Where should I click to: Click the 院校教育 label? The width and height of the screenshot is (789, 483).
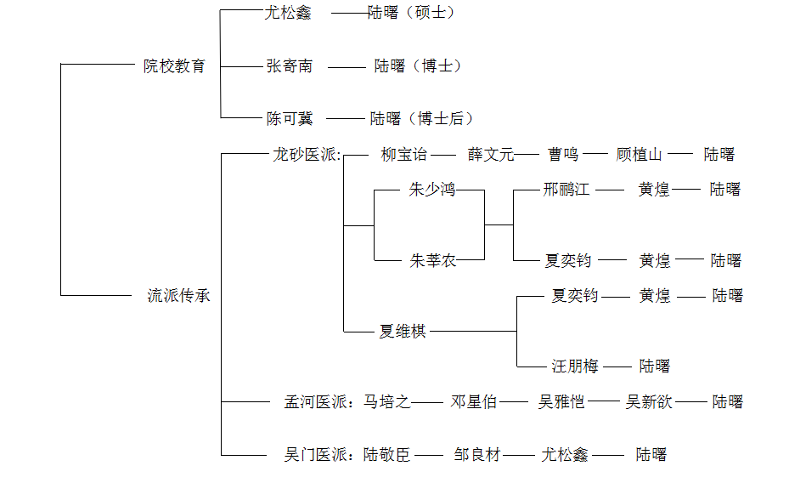click(x=174, y=65)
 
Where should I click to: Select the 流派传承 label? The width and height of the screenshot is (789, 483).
click(x=178, y=296)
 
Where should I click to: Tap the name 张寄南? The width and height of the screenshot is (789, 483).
click(x=289, y=65)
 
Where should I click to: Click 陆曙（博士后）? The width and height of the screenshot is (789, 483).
click(x=421, y=118)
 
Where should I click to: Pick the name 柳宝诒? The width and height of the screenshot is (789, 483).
click(x=404, y=155)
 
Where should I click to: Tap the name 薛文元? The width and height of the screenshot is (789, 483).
click(x=491, y=155)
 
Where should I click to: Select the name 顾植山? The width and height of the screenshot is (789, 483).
click(x=639, y=155)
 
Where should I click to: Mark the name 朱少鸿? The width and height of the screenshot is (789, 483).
click(x=432, y=190)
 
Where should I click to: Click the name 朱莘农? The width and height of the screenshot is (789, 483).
click(x=433, y=260)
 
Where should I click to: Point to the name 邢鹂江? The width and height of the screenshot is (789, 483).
click(x=566, y=190)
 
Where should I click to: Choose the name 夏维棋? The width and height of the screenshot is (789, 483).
click(x=403, y=331)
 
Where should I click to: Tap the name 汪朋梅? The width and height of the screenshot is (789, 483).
click(x=575, y=366)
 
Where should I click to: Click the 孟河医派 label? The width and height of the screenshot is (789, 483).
click(x=318, y=401)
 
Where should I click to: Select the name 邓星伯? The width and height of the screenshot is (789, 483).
click(x=474, y=401)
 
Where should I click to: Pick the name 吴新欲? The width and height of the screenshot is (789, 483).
click(x=649, y=401)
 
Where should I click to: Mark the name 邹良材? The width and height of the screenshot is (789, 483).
click(x=477, y=454)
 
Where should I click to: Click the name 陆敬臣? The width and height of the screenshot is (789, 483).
click(x=387, y=454)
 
